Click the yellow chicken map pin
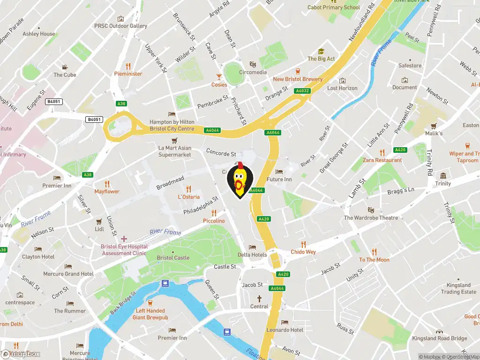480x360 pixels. tap(240, 180)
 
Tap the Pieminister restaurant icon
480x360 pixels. tap(128, 66)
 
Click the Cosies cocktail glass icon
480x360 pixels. tap(219, 77)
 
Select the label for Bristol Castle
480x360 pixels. tap(173, 257)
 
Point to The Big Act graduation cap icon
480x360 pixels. tap(321, 52)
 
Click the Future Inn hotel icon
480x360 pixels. tap(279, 172)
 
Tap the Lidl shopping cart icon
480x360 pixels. tap(99, 221)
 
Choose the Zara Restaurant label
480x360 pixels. tap(382, 160)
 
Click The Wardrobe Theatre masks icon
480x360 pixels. tap(371, 210)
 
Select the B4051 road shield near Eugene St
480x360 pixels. tap(54, 102)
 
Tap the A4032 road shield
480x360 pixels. tap(302, 91)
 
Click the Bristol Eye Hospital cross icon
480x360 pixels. tap(124, 239)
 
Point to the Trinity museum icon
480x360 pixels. tap(443, 176)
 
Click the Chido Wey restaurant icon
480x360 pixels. tap(303, 244)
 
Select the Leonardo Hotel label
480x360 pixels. tap(285, 330)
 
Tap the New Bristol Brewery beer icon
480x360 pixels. tap(298, 72)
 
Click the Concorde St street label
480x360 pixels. tap(221, 153)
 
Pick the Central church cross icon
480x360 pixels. tap(259, 299)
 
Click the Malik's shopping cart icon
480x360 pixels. tap(434, 126)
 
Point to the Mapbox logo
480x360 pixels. tap(21, 354)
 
